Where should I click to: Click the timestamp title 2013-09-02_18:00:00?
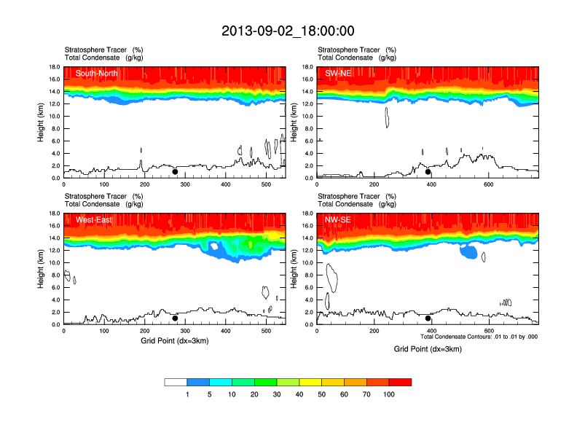click(288, 31)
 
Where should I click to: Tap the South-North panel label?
click(96, 73)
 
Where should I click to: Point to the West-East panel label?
click(93, 219)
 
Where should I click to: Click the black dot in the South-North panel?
click(175, 172)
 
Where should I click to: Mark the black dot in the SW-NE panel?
click(428, 172)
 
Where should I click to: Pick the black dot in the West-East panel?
click(175, 318)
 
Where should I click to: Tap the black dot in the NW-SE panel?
click(428, 318)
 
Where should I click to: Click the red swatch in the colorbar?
click(400, 382)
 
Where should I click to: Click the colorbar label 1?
click(187, 394)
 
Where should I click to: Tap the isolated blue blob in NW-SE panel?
click(469, 253)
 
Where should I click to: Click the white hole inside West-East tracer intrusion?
click(214, 246)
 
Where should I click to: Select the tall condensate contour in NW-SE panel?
click(332, 277)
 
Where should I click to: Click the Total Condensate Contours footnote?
click(479, 337)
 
